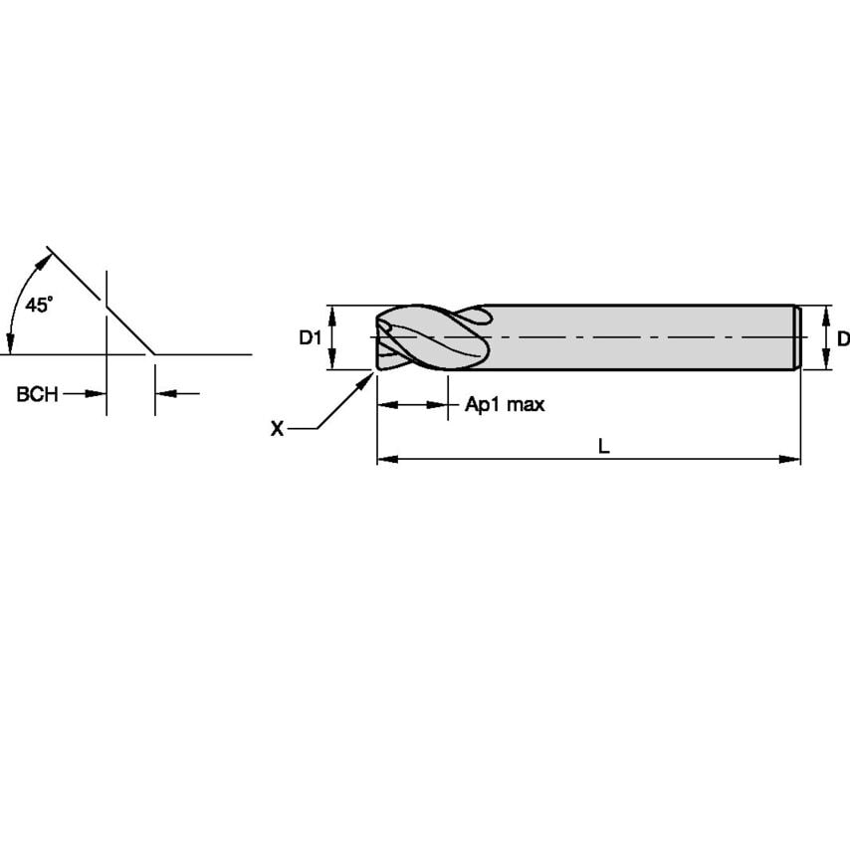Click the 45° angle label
(x=39, y=306)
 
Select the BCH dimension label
(x=36, y=394)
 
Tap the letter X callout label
(x=278, y=428)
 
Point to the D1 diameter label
(x=311, y=338)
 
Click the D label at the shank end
(x=842, y=338)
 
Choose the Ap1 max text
(x=505, y=405)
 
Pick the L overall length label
(x=603, y=447)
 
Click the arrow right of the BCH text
(x=97, y=394)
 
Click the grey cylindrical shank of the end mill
(x=637, y=338)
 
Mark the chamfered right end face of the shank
(x=796, y=338)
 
